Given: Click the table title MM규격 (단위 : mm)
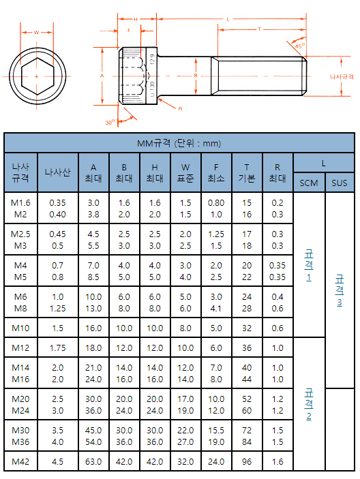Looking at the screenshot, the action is (179, 143).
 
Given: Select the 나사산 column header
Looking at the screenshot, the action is (57, 172).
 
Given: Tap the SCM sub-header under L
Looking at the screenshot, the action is (309, 183).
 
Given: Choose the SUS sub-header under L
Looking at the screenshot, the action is (340, 183).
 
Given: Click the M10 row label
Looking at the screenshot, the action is (20, 328).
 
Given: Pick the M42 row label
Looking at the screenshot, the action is (20, 461).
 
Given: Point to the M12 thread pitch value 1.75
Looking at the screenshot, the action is (57, 348).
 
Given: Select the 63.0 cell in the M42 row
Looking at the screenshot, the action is (93, 461).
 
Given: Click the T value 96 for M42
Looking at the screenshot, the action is (247, 461).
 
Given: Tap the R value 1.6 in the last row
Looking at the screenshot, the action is (277, 461).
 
